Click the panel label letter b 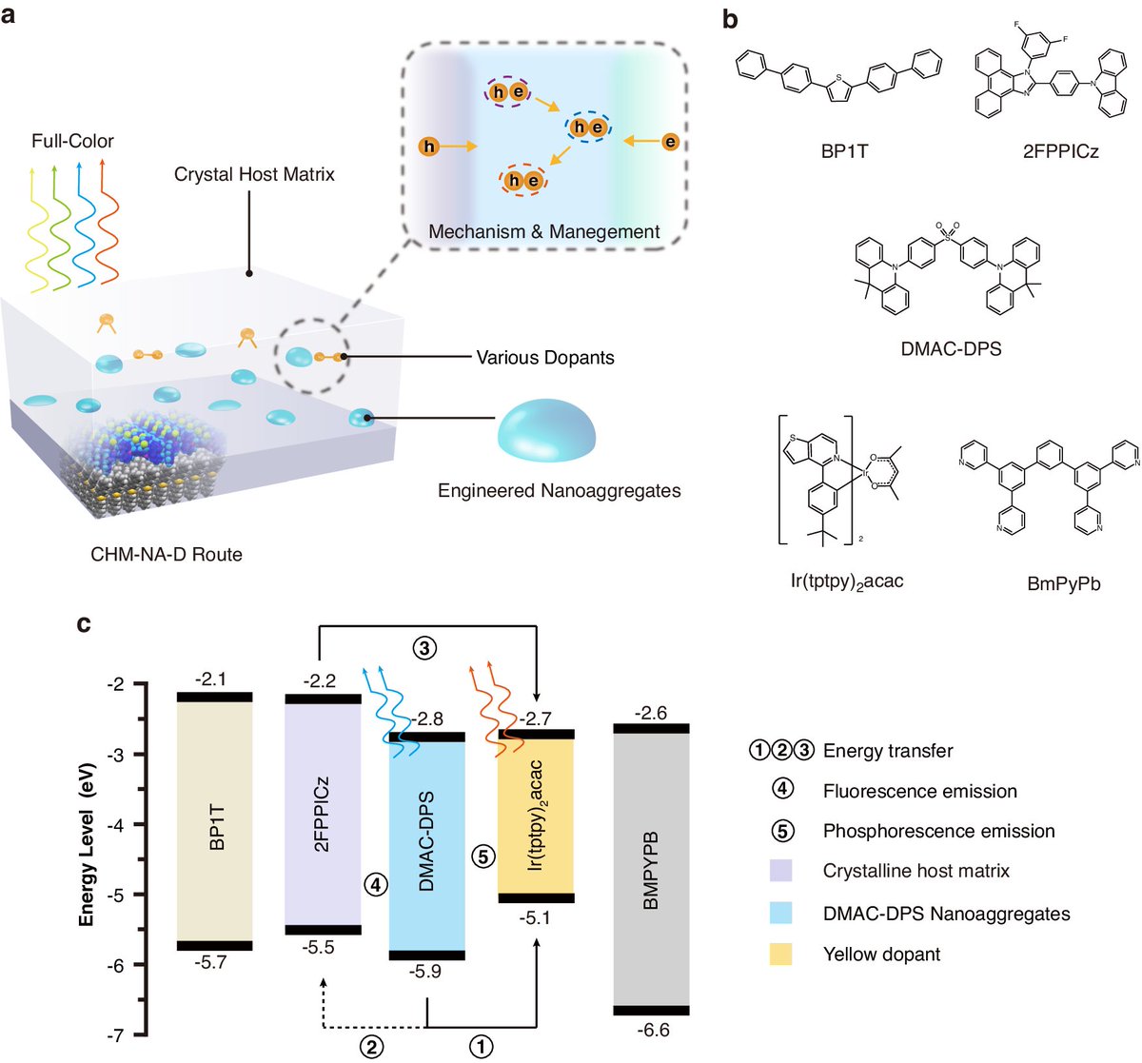coord(731,18)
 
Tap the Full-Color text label coord(72,141)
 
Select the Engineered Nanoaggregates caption coord(559,491)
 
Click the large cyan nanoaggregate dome coord(547,427)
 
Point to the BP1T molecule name coord(844,150)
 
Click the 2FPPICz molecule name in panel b coord(1060,150)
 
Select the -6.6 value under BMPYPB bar coord(652,1031)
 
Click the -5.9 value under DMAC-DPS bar coord(425,971)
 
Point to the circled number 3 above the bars coord(424,648)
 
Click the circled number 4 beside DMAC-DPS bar coord(376,884)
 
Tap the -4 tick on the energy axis coord(115,824)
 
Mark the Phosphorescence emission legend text coord(938,831)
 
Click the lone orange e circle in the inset coord(670,143)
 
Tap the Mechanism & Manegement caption coord(543,231)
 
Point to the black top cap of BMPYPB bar coord(651,728)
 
